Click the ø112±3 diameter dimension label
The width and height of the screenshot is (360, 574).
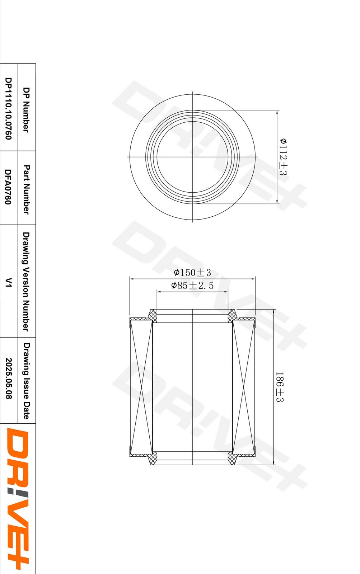coord(283,156)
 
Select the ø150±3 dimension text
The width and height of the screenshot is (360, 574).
coord(192,272)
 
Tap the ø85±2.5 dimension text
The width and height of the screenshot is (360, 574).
coord(192,285)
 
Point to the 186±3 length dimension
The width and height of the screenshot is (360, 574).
coord(280,387)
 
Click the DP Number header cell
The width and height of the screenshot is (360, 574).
coord(26,110)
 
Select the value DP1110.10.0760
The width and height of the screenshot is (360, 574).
coord(8,108)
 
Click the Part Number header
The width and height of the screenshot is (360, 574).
coord(26,189)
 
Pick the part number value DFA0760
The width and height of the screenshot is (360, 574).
coord(8,187)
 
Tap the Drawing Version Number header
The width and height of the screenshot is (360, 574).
coord(26,281)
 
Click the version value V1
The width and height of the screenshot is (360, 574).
coord(8,282)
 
